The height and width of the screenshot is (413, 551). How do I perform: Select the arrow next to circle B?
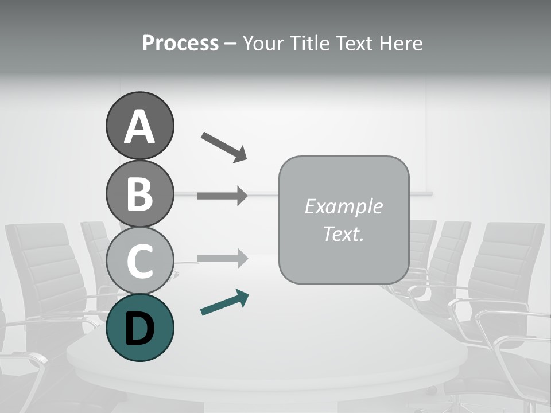click(x=222, y=196)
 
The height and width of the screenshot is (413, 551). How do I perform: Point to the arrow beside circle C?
click(x=222, y=259)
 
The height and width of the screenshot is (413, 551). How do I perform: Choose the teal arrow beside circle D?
click(x=224, y=302)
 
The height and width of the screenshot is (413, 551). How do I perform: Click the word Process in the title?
click(x=180, y=44)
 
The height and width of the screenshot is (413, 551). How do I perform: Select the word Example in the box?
click(x=343, y=206)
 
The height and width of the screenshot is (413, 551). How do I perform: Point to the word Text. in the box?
click(x=343, y=233)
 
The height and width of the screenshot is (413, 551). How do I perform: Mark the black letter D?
click(x=139, y=329)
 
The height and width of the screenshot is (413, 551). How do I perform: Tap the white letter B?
click(x=139, y=194)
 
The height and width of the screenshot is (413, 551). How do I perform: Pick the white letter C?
click(x=139, y=261)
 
